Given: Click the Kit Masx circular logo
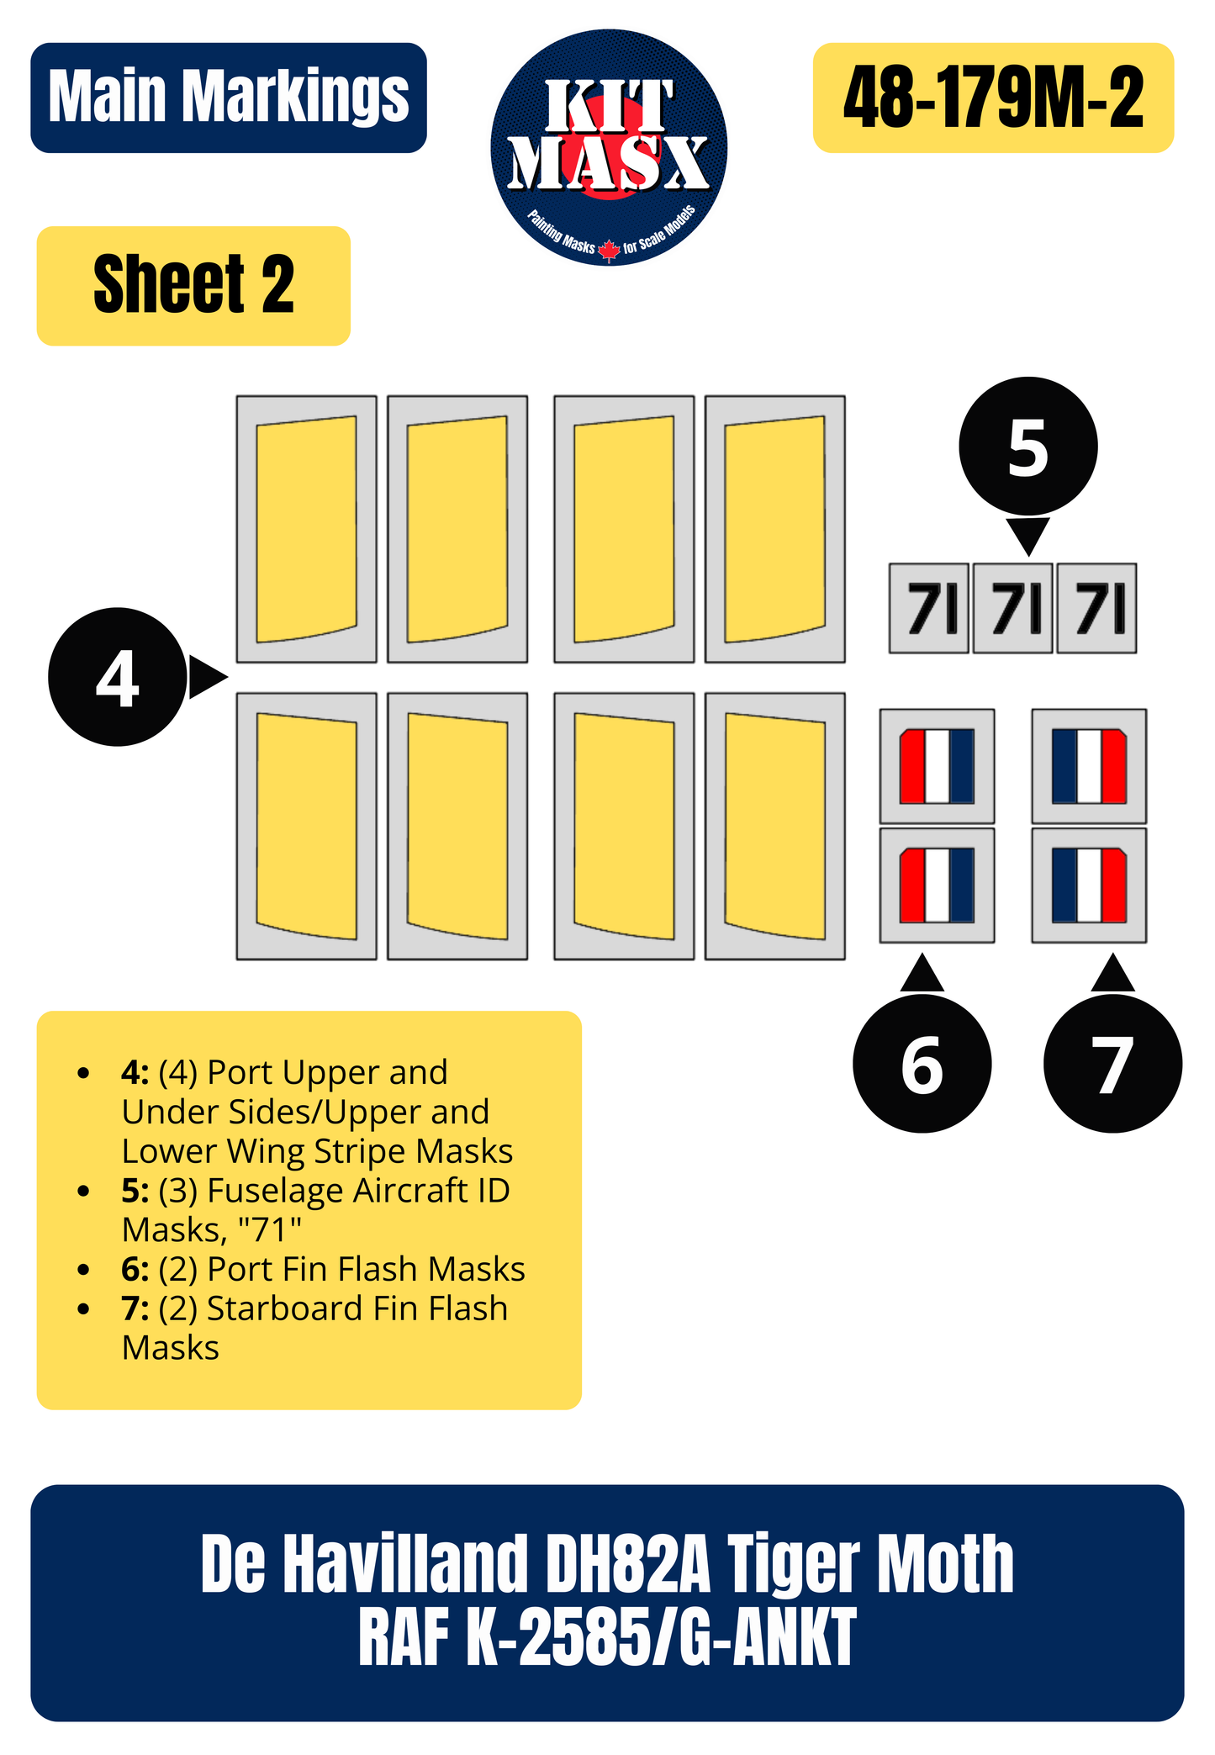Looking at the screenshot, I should coord(609,148).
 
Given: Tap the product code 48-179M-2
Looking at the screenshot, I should coord(993,98).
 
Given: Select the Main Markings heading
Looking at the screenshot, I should coord(229,98).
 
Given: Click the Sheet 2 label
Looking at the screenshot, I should coord(193,285).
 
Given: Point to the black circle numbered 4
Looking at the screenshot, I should coord(117,677).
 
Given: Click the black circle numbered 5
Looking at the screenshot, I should coord(1027,446).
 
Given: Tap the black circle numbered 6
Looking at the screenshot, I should coord(922,1064).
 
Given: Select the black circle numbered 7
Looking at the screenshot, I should coord(1112,1064).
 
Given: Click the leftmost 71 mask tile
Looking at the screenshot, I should coord(929,608).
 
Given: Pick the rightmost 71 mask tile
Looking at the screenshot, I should coord(1096,608).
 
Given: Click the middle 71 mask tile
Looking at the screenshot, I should coord(1013,608).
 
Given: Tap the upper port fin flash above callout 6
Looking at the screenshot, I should coord(937,766).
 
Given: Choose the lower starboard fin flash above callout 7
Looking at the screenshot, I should coord(1089,885).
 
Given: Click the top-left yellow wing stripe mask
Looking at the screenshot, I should coord(306,529).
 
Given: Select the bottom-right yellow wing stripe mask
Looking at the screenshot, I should coord(774,826).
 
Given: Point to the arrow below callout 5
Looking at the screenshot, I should coord(1027,534).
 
